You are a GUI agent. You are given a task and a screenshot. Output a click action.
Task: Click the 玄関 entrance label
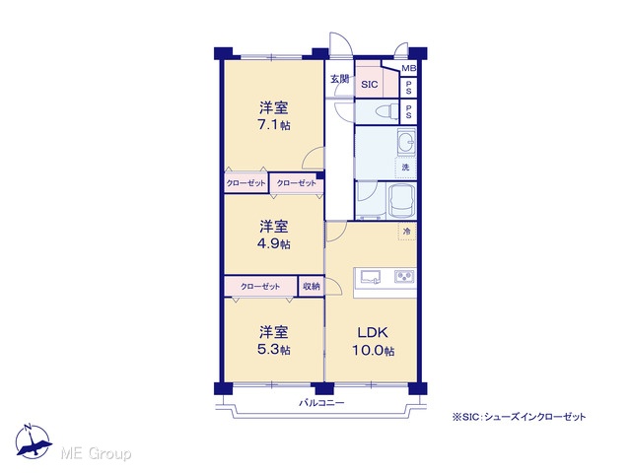339,79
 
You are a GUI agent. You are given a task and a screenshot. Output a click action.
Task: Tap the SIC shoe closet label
370,85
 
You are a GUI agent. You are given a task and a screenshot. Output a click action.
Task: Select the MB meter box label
409,69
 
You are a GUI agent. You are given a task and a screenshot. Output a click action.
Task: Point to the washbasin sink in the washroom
407,142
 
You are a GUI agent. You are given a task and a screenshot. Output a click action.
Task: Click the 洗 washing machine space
405,168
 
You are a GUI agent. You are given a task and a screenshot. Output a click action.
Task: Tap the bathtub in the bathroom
401,200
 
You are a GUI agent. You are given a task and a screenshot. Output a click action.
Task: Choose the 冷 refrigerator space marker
407,232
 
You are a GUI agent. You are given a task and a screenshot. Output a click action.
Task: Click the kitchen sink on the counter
371,277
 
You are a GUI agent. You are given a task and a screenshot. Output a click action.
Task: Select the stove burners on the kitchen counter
404,276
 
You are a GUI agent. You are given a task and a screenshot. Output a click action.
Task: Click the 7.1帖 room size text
274,125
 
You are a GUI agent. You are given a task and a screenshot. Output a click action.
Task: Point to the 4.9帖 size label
274,243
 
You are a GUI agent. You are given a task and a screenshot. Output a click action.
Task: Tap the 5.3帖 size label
274,350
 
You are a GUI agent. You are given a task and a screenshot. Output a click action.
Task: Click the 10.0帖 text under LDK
373,351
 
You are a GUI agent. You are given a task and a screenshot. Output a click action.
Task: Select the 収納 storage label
312,287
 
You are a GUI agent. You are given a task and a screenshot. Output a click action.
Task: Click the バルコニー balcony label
321,403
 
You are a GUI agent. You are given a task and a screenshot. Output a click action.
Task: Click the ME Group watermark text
96,454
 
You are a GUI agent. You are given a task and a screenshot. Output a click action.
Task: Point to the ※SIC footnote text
520,417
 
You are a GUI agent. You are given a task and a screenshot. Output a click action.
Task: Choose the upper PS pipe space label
409,88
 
